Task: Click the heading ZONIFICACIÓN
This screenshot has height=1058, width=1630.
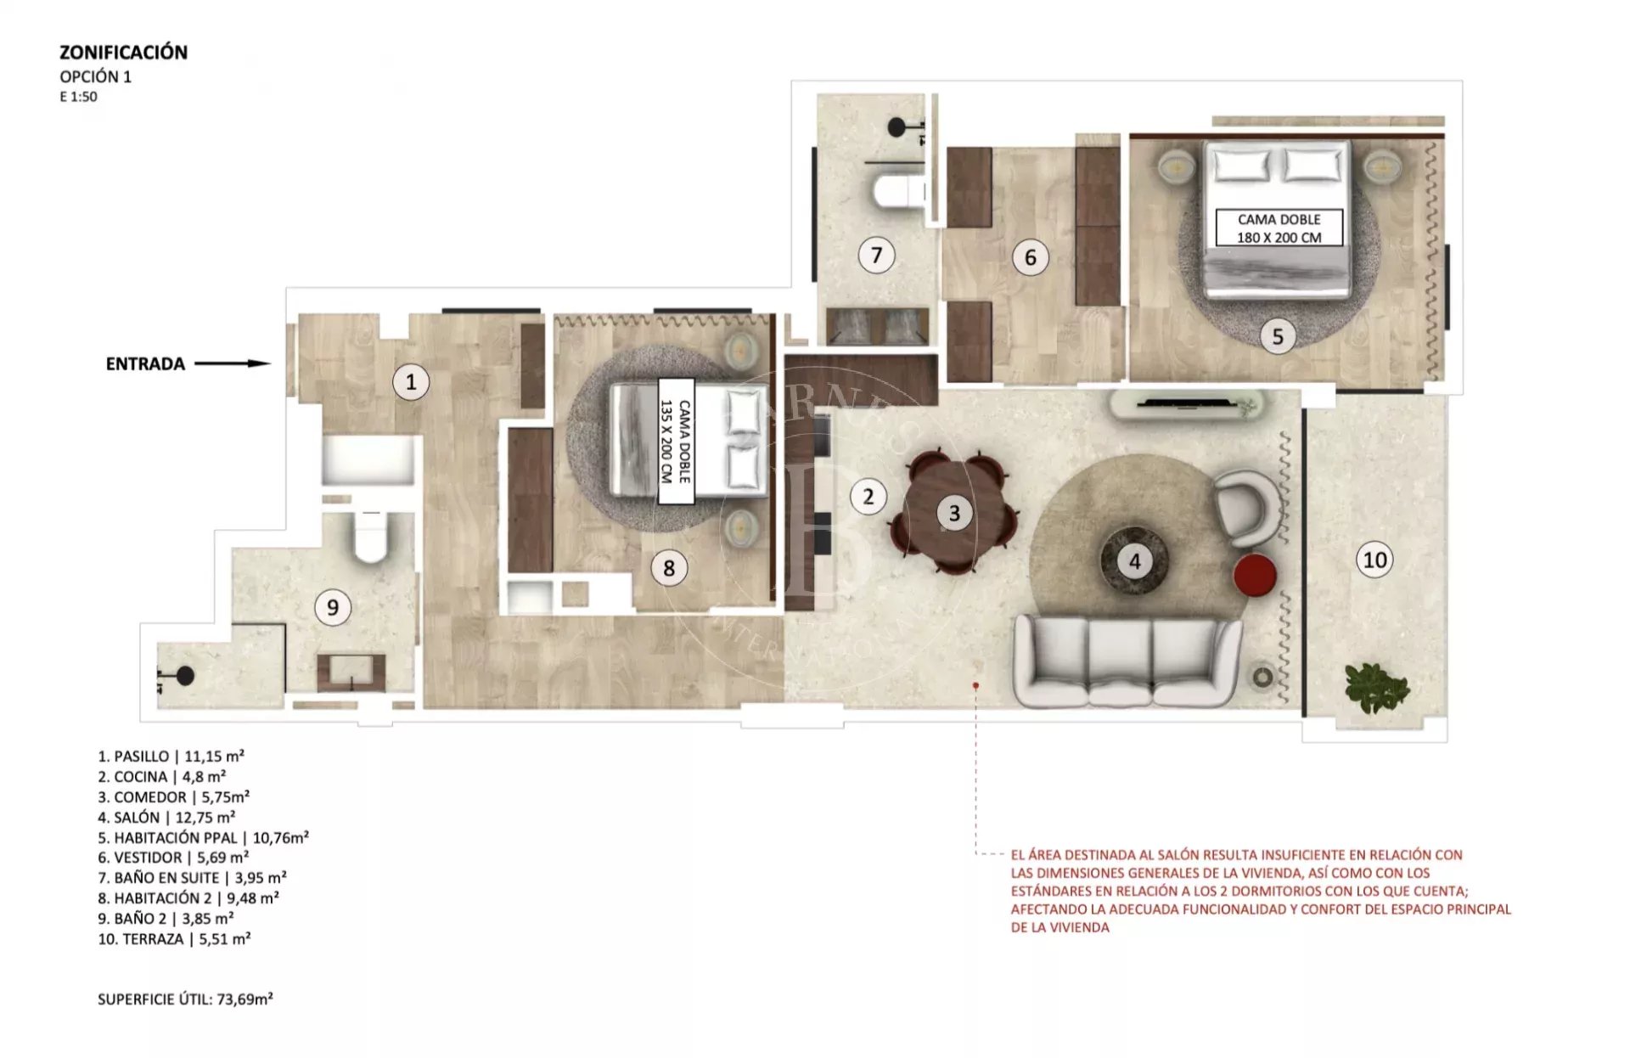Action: coord(123,52)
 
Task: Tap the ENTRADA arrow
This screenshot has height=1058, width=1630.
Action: coord(233,363)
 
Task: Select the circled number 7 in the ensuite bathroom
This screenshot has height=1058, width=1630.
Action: coord(876,254)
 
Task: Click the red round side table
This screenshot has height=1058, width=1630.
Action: coord(1255,575)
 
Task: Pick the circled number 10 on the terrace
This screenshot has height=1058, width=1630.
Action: coord(1374,560)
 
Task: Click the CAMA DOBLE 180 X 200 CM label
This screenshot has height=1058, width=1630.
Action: coord(1279,228)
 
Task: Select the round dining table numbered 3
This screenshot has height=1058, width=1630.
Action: coord(954,512)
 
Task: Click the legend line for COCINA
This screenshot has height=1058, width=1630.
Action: coord(161,776)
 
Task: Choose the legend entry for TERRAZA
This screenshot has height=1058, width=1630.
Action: coord(174,938)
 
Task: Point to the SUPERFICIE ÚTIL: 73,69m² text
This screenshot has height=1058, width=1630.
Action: coord(185,999)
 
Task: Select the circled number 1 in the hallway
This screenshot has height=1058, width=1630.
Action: coord(411,381)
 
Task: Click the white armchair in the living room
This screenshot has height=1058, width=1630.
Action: coord(1246,508)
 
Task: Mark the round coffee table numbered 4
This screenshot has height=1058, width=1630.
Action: coord(1134,560)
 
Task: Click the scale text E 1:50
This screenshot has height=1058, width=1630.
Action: coord(78,97)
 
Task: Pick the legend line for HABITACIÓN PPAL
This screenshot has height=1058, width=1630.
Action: coord(203,837)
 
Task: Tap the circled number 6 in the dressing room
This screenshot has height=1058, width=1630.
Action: coord(1031,256)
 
